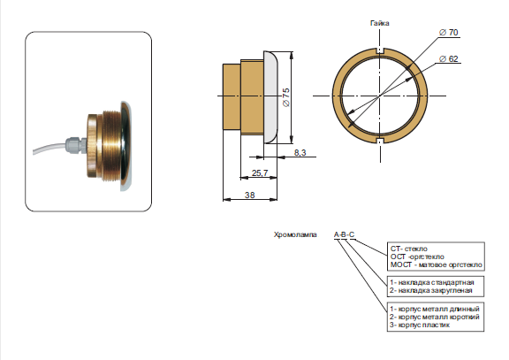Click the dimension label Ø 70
[448, 33]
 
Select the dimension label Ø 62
[448, 58]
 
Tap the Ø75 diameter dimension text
[286, 97]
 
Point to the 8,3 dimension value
[300, 152]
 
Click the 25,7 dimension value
[260, 172]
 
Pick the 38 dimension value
[249, 195]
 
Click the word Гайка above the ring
[379, 23]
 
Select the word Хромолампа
[295, 234]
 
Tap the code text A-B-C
[344, 234]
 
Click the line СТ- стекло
[408, 249]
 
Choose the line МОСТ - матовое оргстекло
[437, 264]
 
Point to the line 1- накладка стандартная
[432, 282]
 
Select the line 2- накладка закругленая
[430, 290]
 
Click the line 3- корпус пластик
[420, 325]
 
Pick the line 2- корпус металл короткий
[435, 317]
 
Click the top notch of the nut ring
[380, 50]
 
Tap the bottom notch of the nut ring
[380, 141]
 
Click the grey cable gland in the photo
[75, 146]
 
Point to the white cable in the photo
[49, 148]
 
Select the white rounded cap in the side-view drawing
[270, 96]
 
